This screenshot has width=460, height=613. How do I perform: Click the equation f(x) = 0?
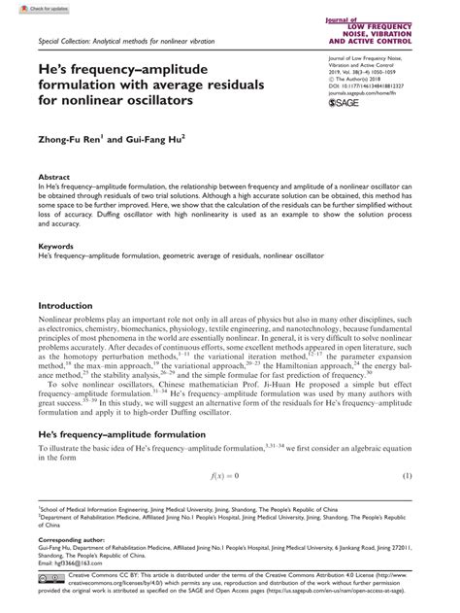(224, 476)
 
